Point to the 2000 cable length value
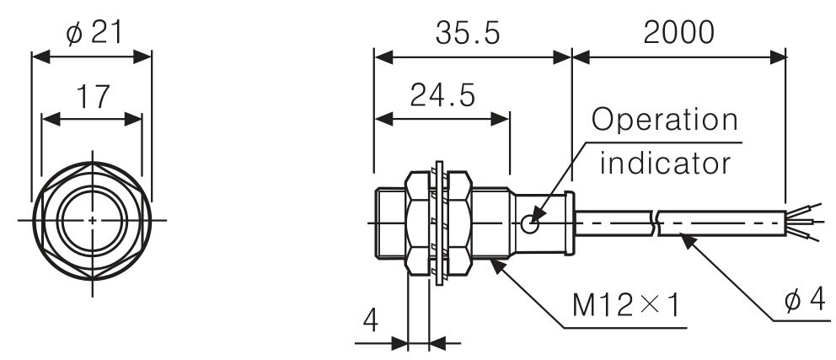tap(678, 31)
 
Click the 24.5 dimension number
tap(442, 96)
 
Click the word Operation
tap(664, 121)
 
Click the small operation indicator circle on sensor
tap(530, 223)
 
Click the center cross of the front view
tap(92, 221)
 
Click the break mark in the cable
tap(656, 223)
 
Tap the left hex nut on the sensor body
tap(419, 223)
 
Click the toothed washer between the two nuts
tap(438, 223)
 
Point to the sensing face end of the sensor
tap(378, 223)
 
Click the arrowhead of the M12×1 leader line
tap(493, 261)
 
